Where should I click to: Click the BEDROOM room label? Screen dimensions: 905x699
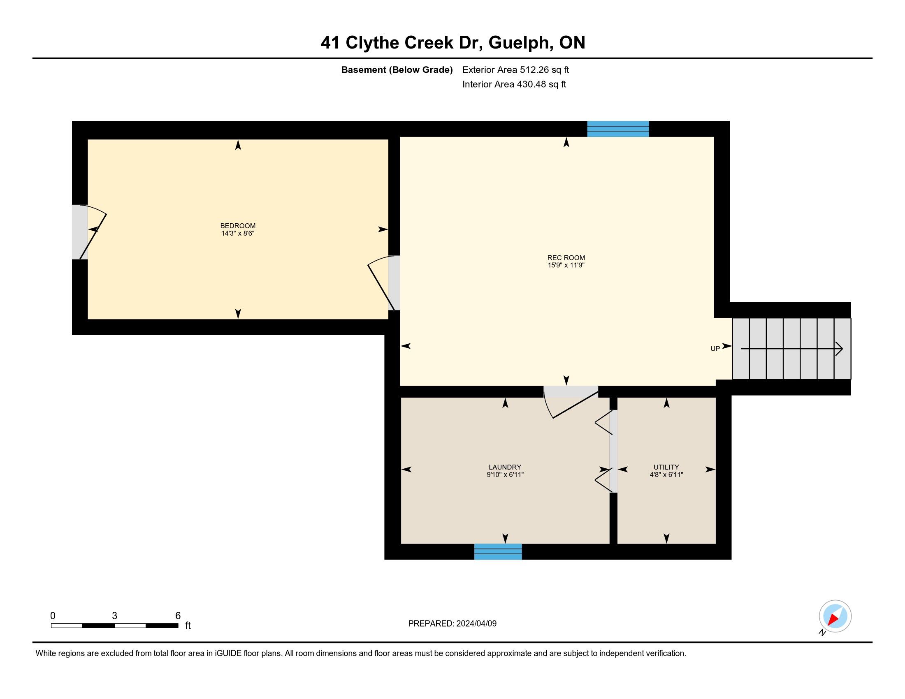[238, 226]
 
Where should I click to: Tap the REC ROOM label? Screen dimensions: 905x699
[566, 257]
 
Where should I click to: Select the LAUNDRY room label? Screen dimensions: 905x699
[505, 467]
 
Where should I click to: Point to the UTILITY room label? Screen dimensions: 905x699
[666, 467]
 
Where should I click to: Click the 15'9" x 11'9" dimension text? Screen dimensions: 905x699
[566, 265]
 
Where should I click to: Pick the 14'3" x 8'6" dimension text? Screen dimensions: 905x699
[238, 233]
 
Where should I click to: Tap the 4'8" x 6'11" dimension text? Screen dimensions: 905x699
[666, 474]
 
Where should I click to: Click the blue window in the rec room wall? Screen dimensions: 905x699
[618, 129]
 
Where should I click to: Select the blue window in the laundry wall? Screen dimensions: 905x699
[498, 551]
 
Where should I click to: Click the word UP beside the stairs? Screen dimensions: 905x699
[715, 349]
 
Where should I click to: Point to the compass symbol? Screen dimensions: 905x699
[835, 616]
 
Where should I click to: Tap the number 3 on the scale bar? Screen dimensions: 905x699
[115, 616]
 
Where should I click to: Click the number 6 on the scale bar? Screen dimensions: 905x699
[178, 616]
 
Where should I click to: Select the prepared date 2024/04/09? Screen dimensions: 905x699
[476, 624]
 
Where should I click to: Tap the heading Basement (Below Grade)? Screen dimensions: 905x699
[397, 69]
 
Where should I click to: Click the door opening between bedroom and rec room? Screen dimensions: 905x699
[394, 283]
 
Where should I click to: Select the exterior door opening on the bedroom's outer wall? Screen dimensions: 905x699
[80, 232]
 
